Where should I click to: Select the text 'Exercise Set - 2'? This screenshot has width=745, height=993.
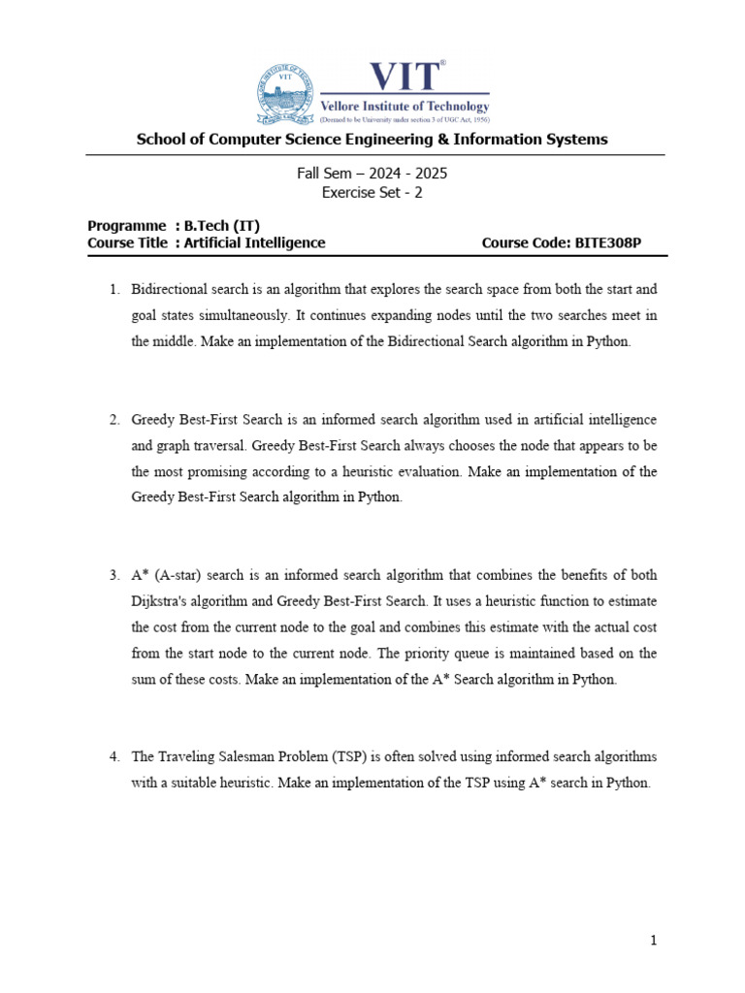[x=372, y=192]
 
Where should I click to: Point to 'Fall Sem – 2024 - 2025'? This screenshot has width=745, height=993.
[x=372, y=174]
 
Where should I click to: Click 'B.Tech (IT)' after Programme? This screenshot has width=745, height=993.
[x=222, y=226]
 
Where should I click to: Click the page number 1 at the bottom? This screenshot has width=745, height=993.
[x=654, y=940]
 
